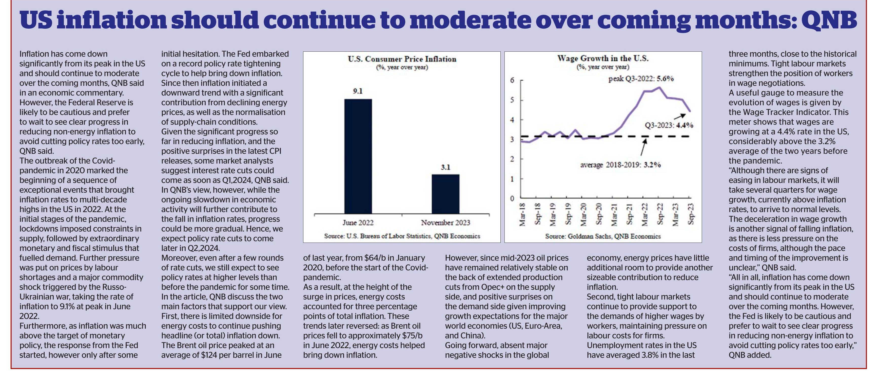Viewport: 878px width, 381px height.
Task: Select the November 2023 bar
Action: click(445, 194)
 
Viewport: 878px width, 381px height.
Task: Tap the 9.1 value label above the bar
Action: click(358, 91)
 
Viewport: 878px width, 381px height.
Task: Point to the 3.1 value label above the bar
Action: click(445, 167)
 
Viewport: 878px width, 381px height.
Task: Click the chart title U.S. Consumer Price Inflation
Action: click(402, 59)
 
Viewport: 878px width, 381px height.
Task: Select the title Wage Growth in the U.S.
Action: click(603, 58)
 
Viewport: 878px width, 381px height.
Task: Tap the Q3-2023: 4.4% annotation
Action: click(669, 125)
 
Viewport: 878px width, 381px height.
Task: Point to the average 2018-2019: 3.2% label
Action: click(620, 165)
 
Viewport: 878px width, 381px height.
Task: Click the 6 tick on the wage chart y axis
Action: click(512, 81)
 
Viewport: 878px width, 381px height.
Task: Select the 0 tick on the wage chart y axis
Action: click(512, 198)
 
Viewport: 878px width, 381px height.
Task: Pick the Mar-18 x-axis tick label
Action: click(522, 214)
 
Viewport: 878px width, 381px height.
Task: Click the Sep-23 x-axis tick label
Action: click(691, 214)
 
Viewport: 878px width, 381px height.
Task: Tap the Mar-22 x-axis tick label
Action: click(645, 214)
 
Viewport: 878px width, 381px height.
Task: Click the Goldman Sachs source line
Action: click(603, 236)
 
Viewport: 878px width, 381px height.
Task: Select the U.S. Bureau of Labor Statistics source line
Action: click(402, 236)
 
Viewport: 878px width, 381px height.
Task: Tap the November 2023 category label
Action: click(445, 223)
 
